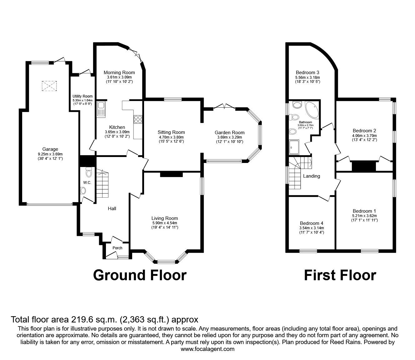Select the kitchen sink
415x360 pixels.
(101, 109)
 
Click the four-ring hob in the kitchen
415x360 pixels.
(138, 119)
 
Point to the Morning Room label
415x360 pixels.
(119, 73)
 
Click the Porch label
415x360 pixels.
(117, 248)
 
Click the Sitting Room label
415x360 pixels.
(171, 132)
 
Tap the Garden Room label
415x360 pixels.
(229, 133)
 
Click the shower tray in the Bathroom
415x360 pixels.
(295, 147)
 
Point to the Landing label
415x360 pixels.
(312, 176)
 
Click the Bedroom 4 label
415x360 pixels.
(311, 223)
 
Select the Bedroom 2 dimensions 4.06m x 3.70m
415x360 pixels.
(364, 136)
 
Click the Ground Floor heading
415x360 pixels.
(140, 275)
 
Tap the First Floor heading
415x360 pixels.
(340, 275)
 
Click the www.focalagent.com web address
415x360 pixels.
(207, 349)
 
